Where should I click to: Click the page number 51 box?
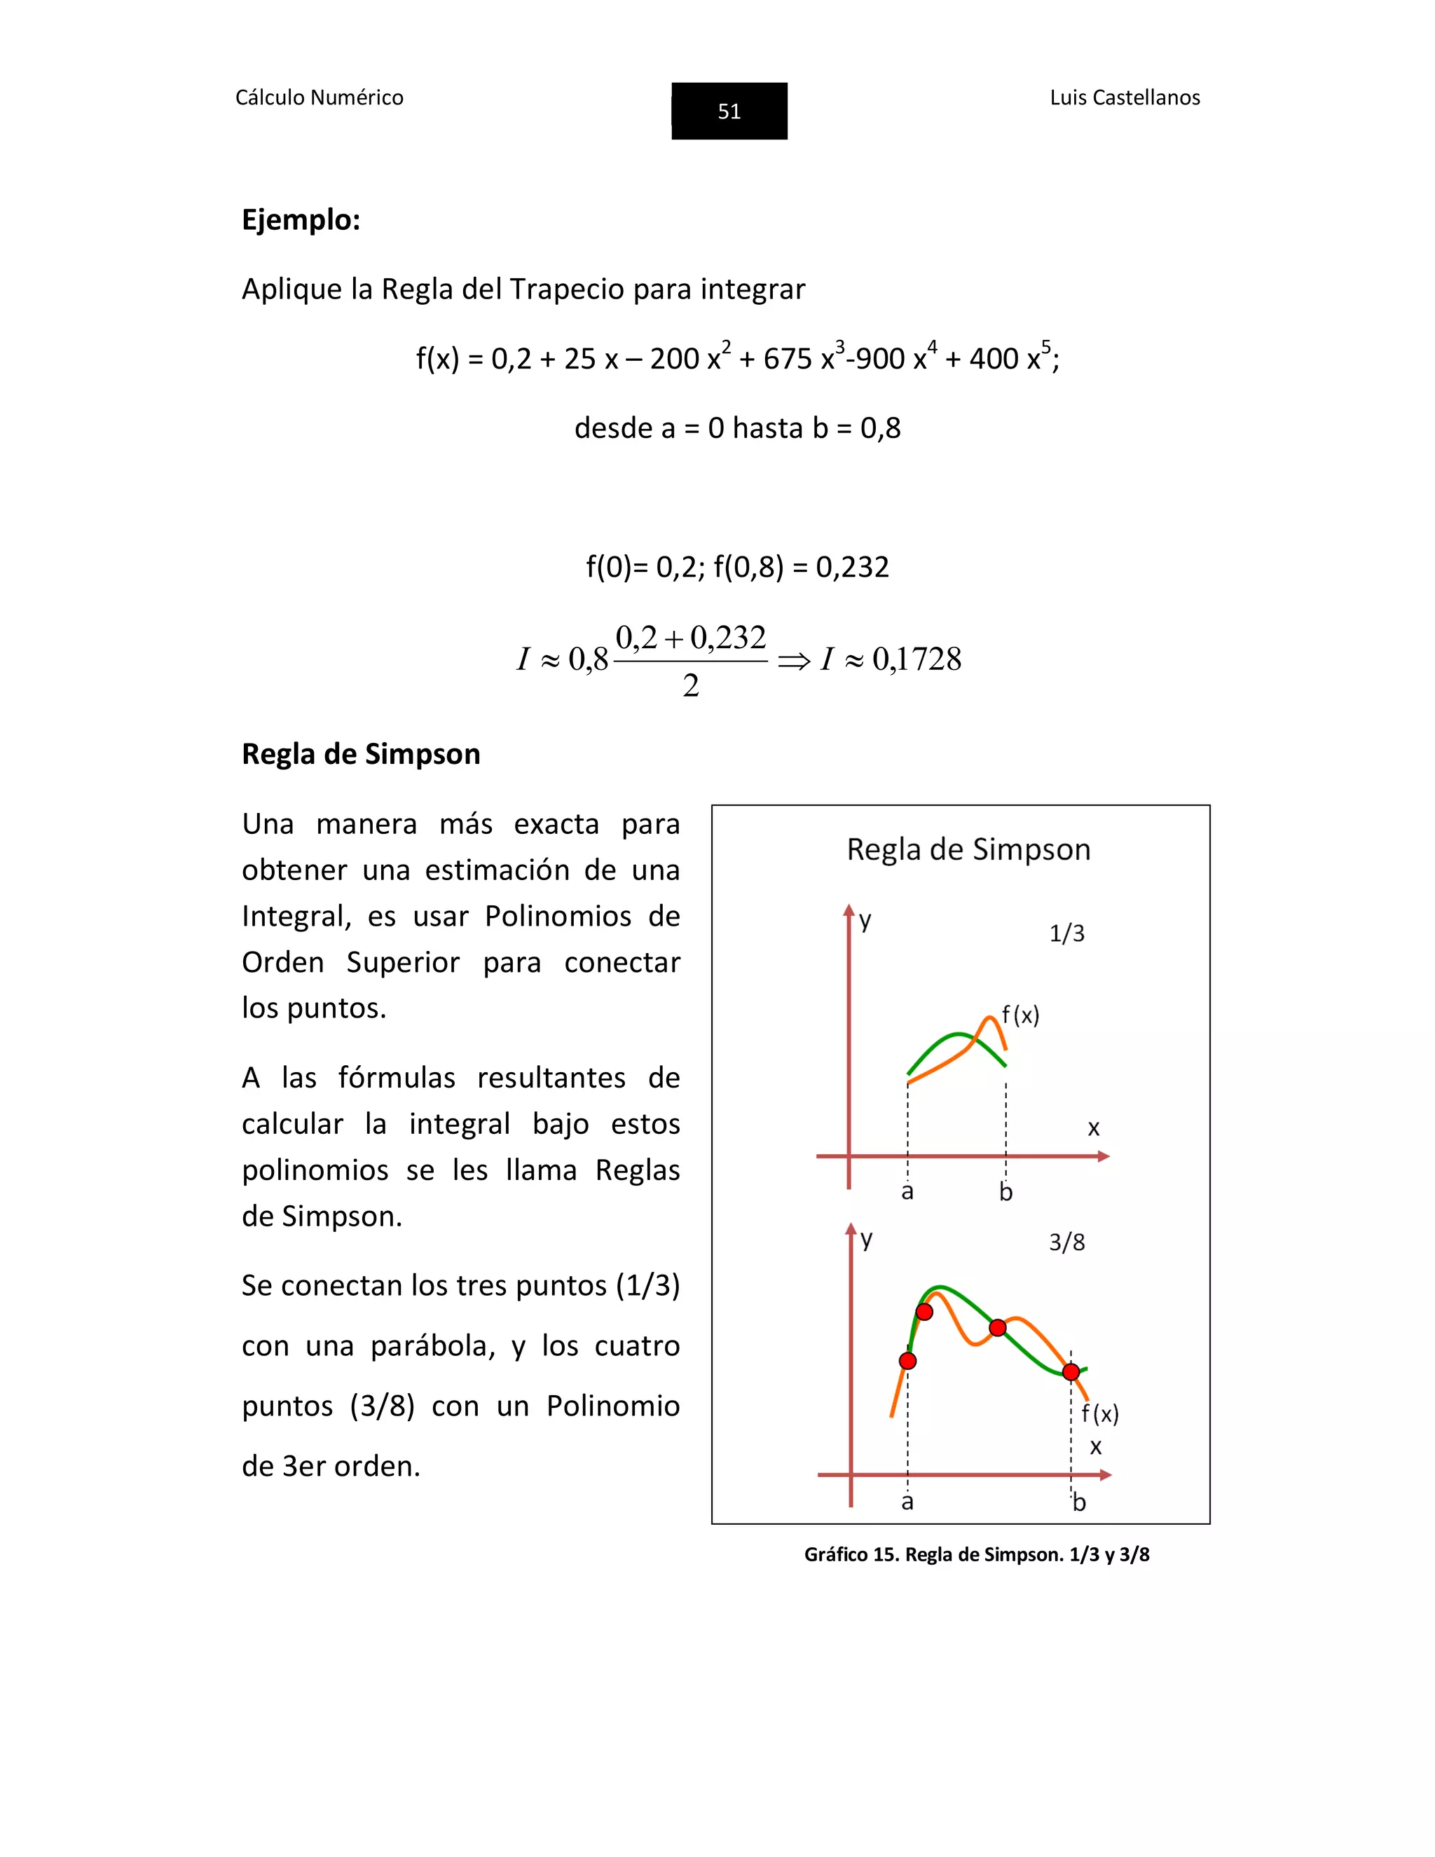tap(729, 111)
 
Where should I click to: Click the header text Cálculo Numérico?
tap(319, 98)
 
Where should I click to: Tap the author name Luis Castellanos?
tap(1124, 98)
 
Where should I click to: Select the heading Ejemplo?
tap(301, 220)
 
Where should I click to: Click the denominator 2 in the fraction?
tap(690, 685)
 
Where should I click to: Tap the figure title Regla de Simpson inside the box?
tap(968, 849)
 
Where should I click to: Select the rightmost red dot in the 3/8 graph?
tap(1071, 1371)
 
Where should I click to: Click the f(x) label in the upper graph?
tap(1020, 1015)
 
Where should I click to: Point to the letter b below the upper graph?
tap(1005, 1193)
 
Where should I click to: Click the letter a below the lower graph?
tap(907, 1502)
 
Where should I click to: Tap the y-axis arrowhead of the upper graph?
tap(849, 911)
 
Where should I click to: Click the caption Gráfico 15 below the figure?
tap(976, 1555)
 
